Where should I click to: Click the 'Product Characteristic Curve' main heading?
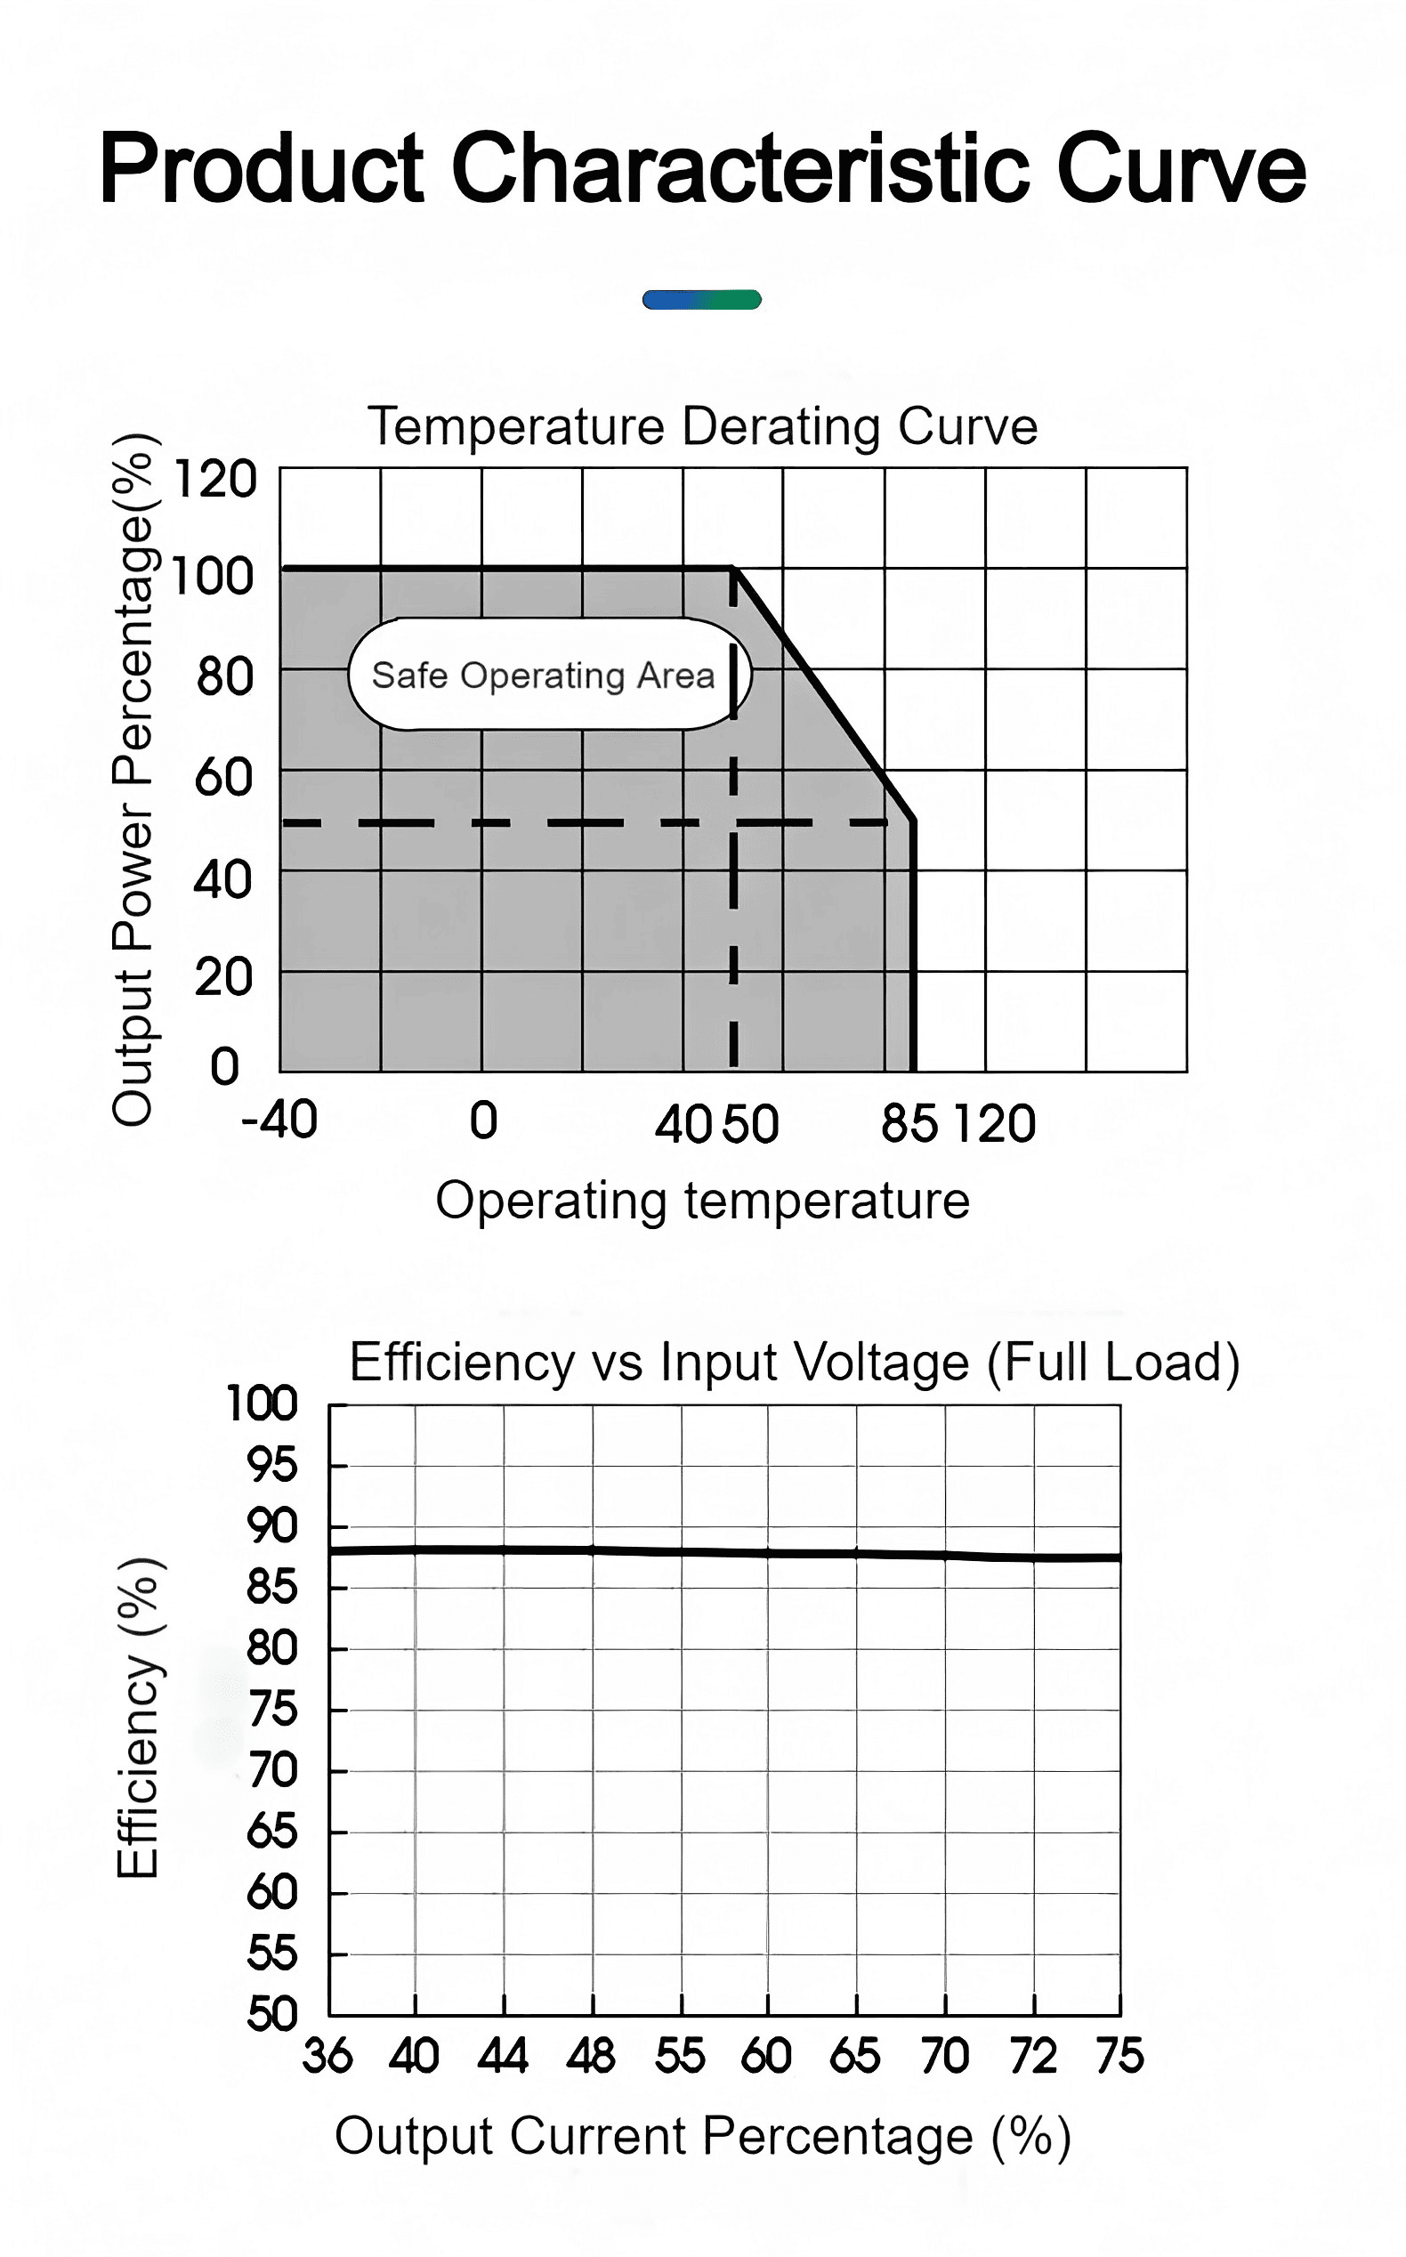tap(703, 168)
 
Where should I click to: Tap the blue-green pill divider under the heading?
tap(702, 299)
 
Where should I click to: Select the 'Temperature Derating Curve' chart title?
tap(702, 427)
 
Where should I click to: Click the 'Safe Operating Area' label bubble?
tap(549, 675)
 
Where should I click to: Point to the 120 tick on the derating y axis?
tap(214, 480)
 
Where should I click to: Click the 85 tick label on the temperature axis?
tap(909, 1123)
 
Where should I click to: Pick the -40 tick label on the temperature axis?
tap(279, 1120)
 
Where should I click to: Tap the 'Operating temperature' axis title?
tap(702, 1201)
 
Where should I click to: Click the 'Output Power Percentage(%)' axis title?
tap(133, 780)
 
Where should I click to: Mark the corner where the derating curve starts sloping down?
tap(733, 567)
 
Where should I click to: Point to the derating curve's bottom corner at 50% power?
tap(913, 822)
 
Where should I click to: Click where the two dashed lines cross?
tap(733, 823)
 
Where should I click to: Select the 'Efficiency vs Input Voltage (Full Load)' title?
tap(794, 1363)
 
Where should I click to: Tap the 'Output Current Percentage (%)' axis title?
tap(702, 2136)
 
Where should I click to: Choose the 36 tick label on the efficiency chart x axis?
tap(327, 2056)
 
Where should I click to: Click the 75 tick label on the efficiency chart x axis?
tap(1119, 2056)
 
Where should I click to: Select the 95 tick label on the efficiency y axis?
tap(271, 1465)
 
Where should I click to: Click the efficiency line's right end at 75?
tap(1119, 1557)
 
